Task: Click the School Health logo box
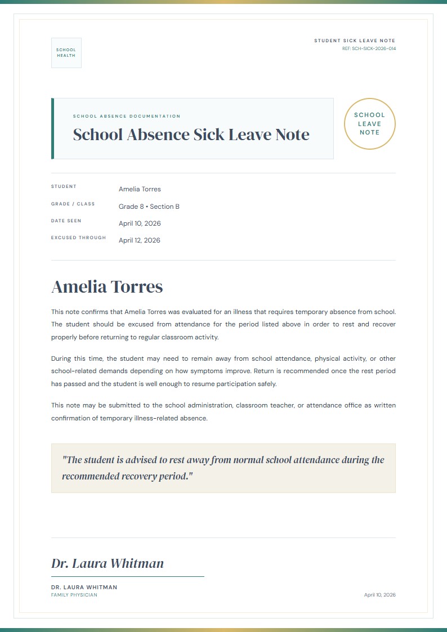[x=66, y=53]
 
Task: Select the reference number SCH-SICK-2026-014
[x=369, y=49]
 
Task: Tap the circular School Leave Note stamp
[x=369, y=124]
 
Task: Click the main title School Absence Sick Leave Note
[x=191, y=135]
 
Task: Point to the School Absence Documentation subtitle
[x=127, y=116]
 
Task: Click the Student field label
[x=64, y=186]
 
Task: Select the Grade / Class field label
[x=73, y=204]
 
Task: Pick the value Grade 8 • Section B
[x=149, y=207]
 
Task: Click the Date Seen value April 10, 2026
[x=140, y=223]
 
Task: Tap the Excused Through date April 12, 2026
[x=140, y=240]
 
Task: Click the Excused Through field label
[x=78, y=237]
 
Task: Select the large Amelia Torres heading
[x=107, y=287]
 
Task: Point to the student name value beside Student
[x=140, y=189]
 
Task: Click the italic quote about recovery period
[x=223, y=468]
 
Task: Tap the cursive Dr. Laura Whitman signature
[x=108, y=563]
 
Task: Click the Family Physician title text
[x=74, y=595]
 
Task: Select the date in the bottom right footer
[x=379, y=595]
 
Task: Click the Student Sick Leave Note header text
[x=355, y=41]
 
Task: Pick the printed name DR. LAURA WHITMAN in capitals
[x=84, y=587]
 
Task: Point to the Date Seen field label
[x=66, y=221]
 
